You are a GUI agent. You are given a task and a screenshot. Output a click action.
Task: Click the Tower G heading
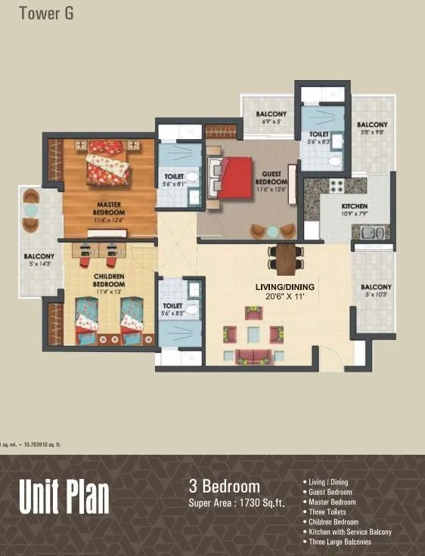[47, 13]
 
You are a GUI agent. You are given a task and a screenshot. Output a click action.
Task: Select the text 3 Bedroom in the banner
[224, 486]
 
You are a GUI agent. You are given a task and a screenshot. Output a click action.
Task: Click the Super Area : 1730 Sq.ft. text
[237, 502]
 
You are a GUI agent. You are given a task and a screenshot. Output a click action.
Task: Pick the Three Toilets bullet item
[327, 512]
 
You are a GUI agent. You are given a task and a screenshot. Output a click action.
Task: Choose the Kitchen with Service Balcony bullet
[349, 532]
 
